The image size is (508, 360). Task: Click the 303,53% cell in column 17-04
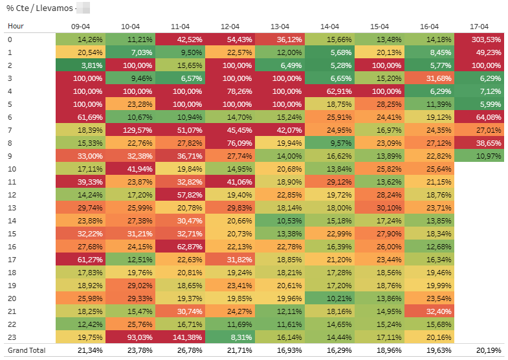point(479,39)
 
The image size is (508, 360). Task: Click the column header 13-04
point(280,27)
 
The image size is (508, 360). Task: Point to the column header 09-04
point(80,27)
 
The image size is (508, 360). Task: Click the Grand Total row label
point(26,350)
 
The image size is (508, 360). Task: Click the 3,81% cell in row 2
point(80,65)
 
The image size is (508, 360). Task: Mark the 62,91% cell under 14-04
point(329,91)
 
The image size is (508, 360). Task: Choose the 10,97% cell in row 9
point(479,156)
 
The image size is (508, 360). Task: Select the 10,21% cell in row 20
point(329,298)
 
